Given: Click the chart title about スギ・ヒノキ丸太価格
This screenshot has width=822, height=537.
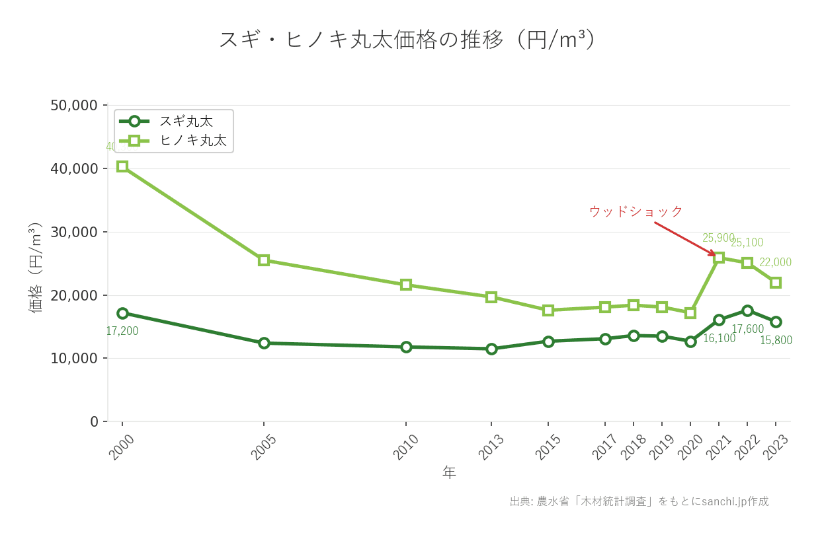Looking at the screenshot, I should pyautogui.click(x=407, y=40).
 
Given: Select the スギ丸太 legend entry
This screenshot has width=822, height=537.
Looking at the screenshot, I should pyautogui.click(x=185, y=122).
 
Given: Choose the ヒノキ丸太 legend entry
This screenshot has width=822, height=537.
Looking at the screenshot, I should pyautogui.click(x=192, y=141).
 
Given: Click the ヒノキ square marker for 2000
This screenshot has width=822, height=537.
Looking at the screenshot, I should pyautogui.click(x=122, y=166).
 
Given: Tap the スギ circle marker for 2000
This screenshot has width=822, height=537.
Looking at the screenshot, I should pyautogui.click(x=122, y=313).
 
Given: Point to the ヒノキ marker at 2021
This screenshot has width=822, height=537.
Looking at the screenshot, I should pyautogui.click(x=719, y=258).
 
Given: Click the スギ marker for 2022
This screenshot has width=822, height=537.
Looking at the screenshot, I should pyautogui.click(x=747, y=310).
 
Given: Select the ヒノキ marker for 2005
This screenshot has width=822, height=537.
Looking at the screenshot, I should pyautogui.click(x=264, y=260).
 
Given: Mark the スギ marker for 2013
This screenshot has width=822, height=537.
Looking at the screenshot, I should pyautogui.click(x=491, y=349).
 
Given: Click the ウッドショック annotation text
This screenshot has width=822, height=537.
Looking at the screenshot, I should pyautogui.click(x=636, y=212).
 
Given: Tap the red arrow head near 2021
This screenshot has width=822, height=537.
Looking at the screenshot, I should pyautogui.click(x=713, y=254).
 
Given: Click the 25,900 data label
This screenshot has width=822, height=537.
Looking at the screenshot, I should pyautogui.click(x=718, y=238).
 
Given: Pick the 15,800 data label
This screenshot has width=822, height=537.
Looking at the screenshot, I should pyautogui.click(x=776, y=341).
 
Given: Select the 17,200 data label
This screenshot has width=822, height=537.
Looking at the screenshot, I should pyautogui.click(x=122, y=331).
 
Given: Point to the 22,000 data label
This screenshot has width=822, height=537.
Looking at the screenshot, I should pyautogui.click(x=775, y=263).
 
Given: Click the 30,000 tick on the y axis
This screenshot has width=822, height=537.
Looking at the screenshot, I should pyautogui.click(x=74, y=233).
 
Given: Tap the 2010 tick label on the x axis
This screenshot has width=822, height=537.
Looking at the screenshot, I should pyautogui.click(x=406, y=447).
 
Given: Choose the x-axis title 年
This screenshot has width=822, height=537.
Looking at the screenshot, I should pyautogui.click(x=449, y=473).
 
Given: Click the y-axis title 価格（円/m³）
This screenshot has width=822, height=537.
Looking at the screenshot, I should pyautogui.click(x=35, y=267).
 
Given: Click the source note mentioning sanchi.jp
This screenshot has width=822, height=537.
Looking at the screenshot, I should pyautogui.click(x=639, y=501).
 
